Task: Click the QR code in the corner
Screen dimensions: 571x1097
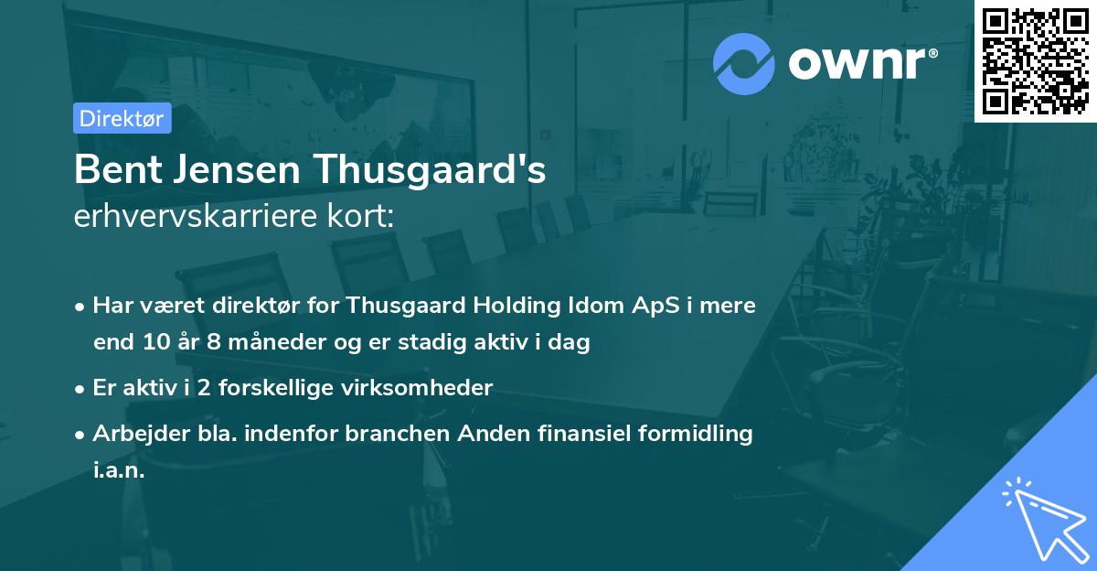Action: tap(1035, 60)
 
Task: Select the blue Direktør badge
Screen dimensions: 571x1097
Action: tap(122, 118)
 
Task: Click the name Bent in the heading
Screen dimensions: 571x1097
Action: tap(112, 171)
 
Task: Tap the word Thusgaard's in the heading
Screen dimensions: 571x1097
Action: tap(431, 171)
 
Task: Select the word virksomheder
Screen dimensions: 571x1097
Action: tap(430, 388)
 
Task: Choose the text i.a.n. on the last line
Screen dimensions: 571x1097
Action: tap(119, 471)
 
